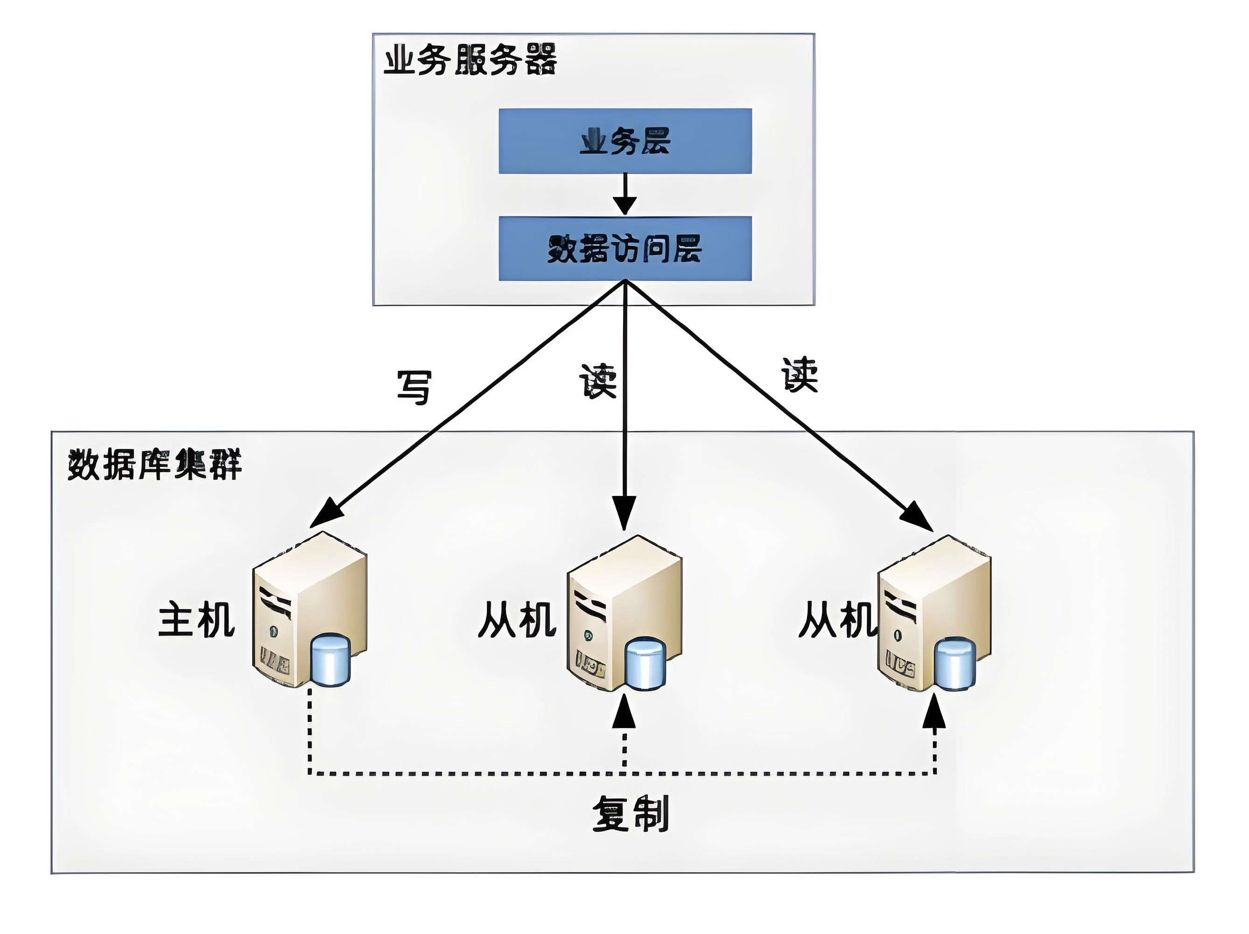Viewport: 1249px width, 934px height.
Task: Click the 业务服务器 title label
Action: click(x=470, y=60)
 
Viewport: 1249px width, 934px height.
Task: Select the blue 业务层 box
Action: click(x=624, y=141)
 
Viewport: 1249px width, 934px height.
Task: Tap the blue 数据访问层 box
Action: click(x=624, y=248)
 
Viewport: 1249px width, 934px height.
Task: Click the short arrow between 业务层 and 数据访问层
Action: click(x=624, y=195)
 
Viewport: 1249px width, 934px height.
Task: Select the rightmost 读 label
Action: click(x=800, y=375)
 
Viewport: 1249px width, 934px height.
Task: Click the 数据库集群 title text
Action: click(x=154, y=465)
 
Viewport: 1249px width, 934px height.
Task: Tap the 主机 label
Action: click(x=196, y=619)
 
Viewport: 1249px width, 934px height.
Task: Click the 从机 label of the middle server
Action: click(x=517, y=619)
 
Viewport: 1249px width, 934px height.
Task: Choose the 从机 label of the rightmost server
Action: click(x=837, y=619)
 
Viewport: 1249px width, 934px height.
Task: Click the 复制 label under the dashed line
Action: click(x=631, y=814)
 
